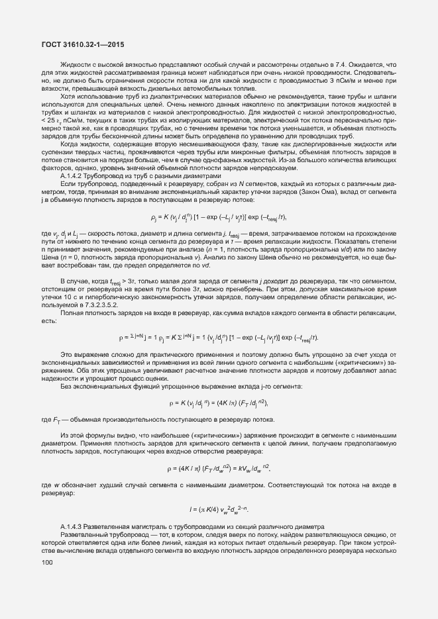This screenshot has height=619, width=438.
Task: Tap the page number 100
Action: [47, 563]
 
